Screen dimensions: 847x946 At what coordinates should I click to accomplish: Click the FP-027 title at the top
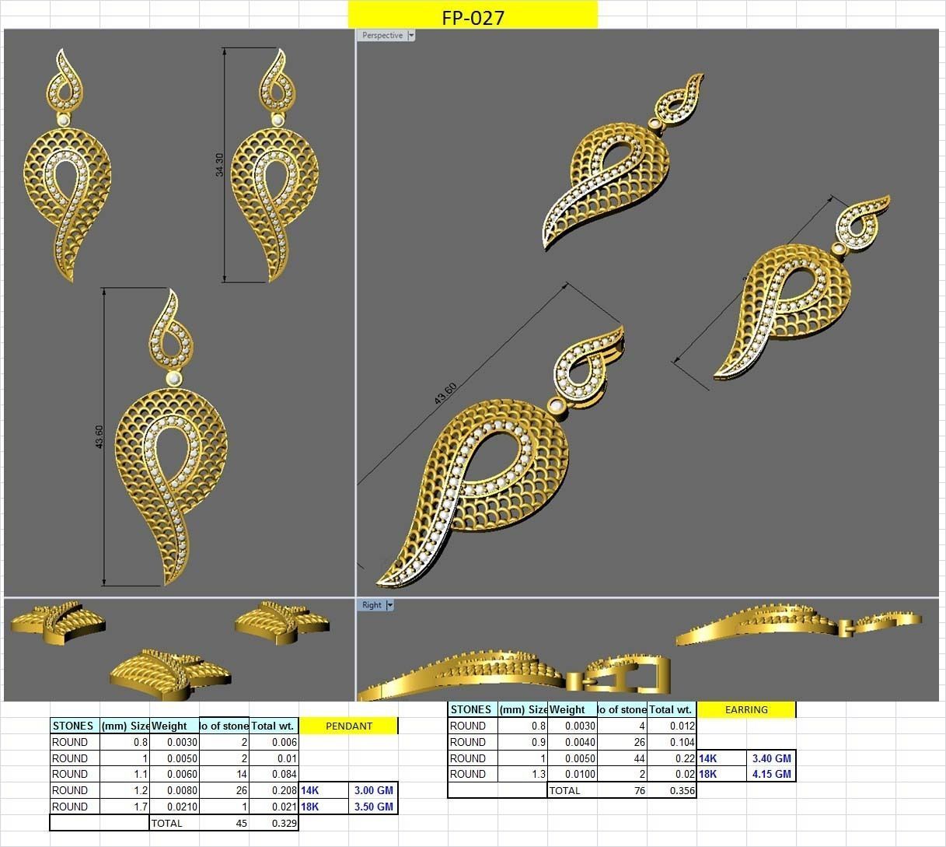tap(473, 17)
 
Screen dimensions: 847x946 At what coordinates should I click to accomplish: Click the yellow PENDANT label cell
tap(348, 726)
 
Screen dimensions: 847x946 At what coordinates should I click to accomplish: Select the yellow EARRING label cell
tap(746, 709)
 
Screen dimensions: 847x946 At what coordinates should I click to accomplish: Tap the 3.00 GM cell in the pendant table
tap(373, 790)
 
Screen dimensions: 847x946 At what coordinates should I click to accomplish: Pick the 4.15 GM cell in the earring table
tap(771, 774)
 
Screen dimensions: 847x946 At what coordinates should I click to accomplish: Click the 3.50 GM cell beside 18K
tap(373, 807)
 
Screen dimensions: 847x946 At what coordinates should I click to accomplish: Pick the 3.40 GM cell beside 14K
tap(771, 758)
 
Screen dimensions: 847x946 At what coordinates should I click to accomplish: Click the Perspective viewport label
tap(382, 35)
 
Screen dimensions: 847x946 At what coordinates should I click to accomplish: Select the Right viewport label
tap(372, 605)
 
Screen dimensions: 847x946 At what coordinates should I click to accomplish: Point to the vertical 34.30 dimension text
tap(219, 165)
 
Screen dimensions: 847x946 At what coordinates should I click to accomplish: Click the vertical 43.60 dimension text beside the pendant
tap(99, 436)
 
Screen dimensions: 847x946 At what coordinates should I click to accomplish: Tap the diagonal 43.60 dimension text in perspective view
tap(445, 394)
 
